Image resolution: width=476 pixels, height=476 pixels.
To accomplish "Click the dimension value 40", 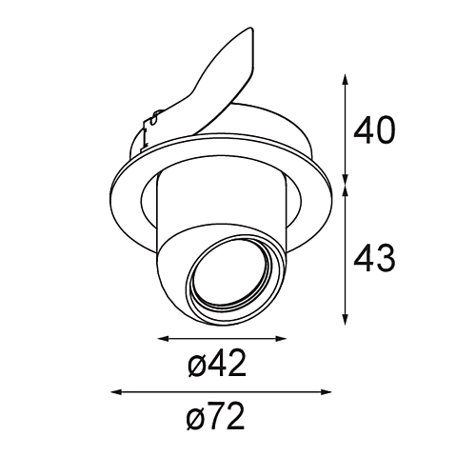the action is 374,130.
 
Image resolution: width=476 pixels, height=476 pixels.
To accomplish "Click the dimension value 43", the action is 374,258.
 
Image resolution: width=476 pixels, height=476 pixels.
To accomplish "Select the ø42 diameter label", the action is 217,363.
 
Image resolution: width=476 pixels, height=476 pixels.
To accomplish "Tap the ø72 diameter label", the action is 216,416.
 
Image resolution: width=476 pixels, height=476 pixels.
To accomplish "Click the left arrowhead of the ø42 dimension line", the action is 163,339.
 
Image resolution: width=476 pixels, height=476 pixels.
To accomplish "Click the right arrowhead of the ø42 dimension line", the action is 282,339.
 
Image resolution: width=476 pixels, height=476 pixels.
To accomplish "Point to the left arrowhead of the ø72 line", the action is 116,392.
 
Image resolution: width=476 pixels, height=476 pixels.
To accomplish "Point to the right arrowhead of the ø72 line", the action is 327,392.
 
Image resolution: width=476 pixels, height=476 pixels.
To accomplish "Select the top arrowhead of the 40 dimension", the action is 346,79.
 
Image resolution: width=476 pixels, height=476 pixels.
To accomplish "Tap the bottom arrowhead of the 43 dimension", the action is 346,320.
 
